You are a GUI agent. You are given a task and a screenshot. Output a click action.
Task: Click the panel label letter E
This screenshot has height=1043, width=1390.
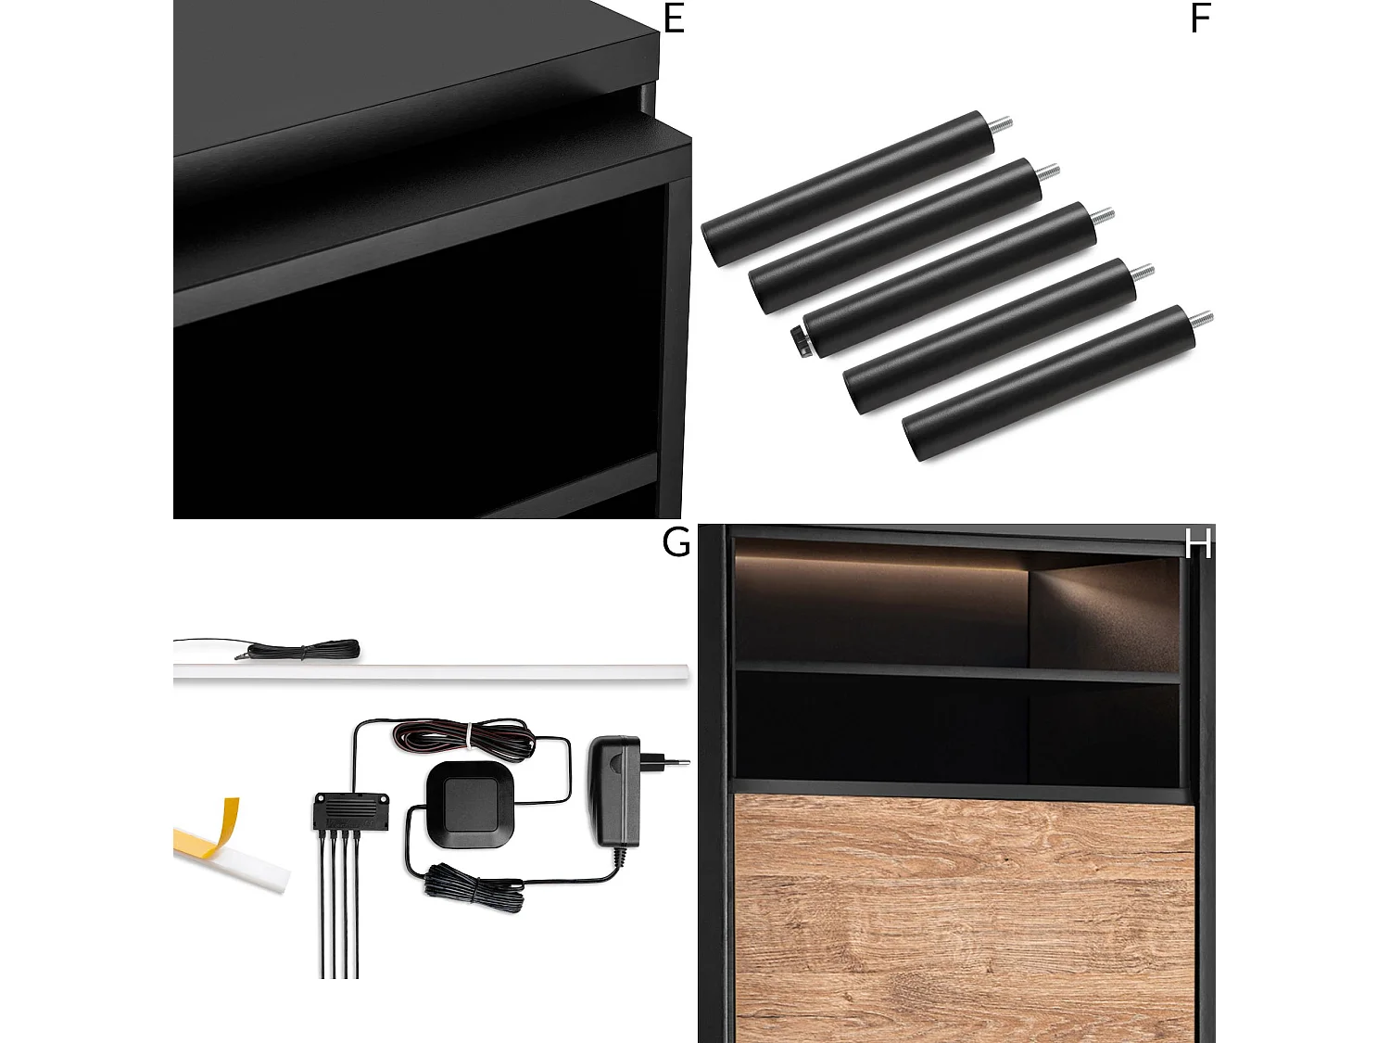click(674, 19)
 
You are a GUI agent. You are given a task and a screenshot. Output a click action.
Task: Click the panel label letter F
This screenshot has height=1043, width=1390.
click(1200, 19)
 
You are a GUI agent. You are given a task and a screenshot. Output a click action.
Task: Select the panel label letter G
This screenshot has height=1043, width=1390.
click(676, 541)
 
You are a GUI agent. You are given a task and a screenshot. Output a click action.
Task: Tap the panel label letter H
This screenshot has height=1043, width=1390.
click(1198, 543)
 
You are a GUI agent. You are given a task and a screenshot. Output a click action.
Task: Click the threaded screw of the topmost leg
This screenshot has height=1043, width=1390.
click(1002, 124)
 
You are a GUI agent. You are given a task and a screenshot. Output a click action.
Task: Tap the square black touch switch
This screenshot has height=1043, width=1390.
click(471, 803)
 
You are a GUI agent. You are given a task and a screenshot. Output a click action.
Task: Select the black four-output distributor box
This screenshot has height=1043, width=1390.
click(350, 812)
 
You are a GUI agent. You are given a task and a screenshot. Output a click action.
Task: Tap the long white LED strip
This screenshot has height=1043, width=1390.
click(431, 671)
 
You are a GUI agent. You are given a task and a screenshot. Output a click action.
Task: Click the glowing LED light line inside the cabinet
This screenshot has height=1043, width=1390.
click(880, 561)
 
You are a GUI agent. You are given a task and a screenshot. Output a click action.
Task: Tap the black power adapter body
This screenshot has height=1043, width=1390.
click(613, 790)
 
